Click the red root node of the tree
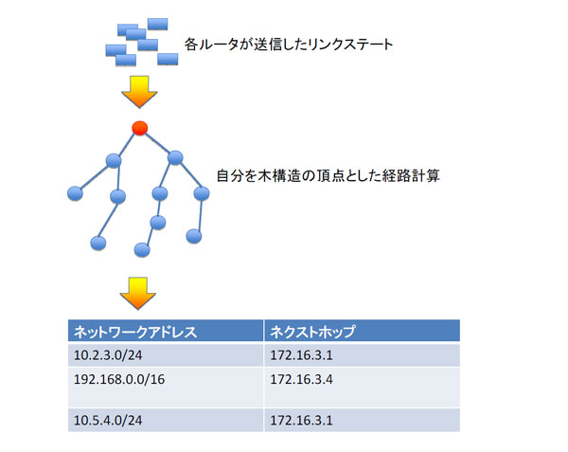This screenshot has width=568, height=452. [140, 128]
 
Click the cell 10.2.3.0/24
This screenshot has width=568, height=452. [166, 354]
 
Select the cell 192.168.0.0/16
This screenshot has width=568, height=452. [166, 388]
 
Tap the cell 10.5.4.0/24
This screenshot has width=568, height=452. [166, 420]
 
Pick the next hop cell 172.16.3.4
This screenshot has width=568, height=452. [362, 388]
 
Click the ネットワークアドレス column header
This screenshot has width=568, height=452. [166, 331]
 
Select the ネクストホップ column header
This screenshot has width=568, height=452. [362, 331]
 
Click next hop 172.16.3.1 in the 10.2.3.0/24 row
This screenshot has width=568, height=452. [362, 354]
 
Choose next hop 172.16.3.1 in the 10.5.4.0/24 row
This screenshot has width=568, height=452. [362, 420]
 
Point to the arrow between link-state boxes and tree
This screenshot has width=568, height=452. [139, 91]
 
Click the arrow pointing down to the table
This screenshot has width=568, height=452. [138, 293]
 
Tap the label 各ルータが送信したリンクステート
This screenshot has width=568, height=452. [289, 45]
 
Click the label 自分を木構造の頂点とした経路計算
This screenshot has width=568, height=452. [328, 176]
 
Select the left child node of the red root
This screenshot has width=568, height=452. [114, 160]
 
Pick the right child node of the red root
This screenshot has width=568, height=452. [175, 157]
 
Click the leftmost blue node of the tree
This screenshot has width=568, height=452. [75, 193]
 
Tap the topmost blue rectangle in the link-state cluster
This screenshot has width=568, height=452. [157, 24]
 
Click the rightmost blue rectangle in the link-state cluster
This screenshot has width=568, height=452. [168, 59]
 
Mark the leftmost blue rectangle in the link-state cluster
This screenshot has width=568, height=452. [115, 50]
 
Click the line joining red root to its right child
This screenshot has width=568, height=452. [157, 142]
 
